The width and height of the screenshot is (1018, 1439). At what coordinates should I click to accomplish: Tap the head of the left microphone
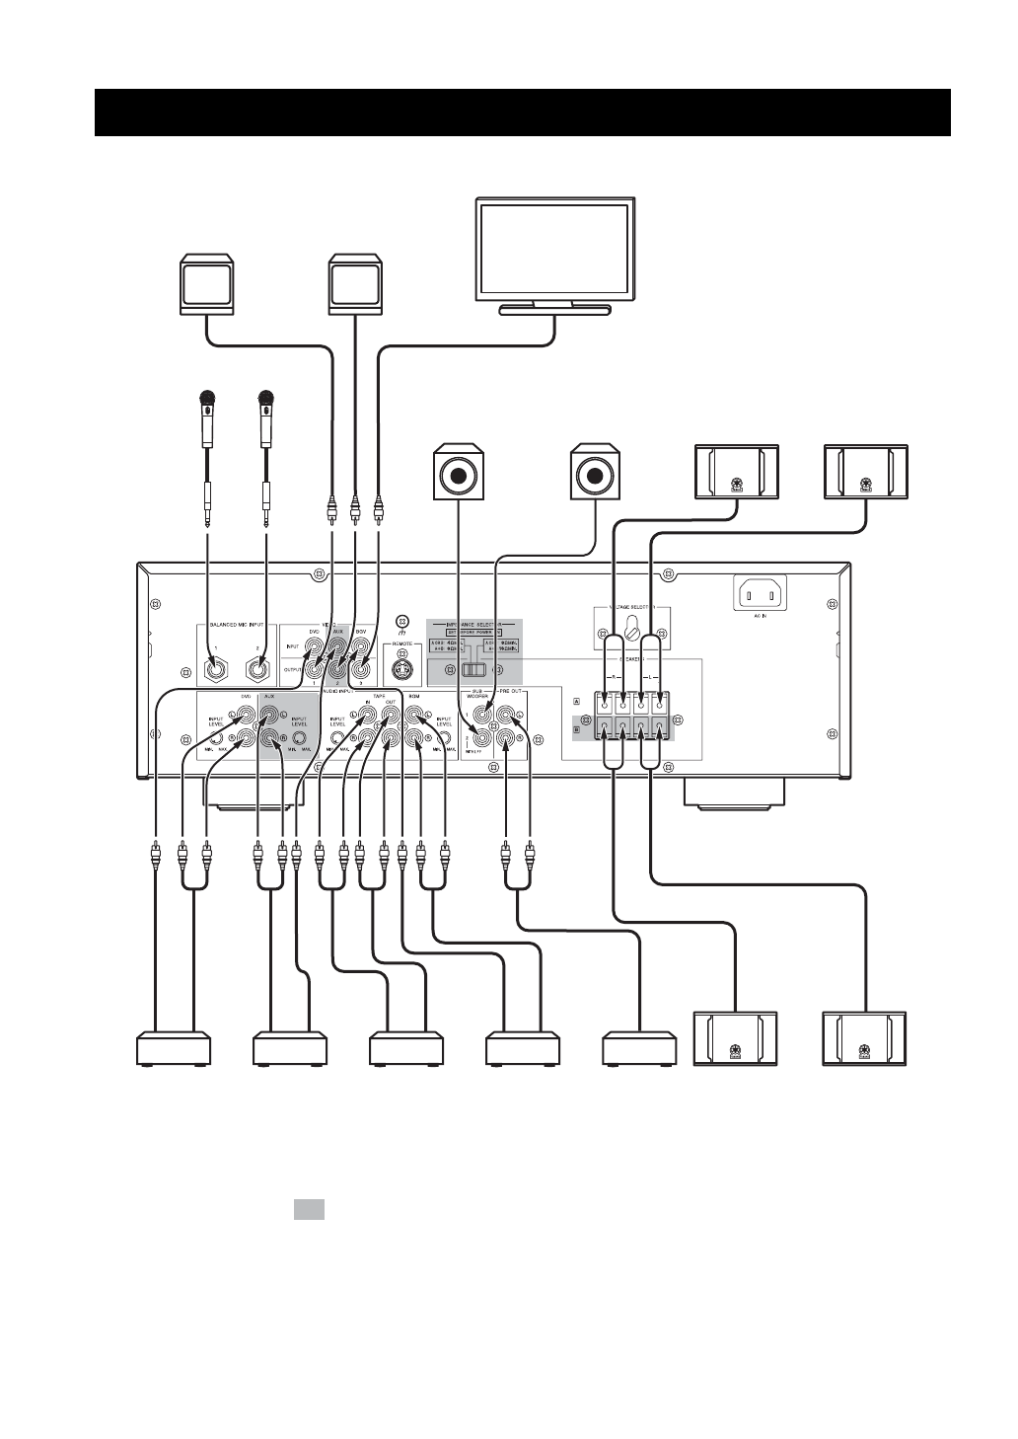(x=207, y=400)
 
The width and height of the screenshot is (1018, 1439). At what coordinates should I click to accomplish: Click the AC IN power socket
(x=760, y=594)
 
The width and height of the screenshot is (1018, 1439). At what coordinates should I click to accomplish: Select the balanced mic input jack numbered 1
(x=214, y=669)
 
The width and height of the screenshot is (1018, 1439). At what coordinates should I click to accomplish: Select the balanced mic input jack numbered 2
(x=258, y=669)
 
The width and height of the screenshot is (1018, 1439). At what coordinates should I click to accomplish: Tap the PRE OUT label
(x=511, y=695)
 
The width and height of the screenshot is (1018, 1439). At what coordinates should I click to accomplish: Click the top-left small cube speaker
(x=206, y=285)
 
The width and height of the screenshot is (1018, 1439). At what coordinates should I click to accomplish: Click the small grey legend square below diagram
(x=309, y=1209)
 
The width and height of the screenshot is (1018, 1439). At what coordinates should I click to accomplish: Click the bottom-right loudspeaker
(x=865, y=1039)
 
